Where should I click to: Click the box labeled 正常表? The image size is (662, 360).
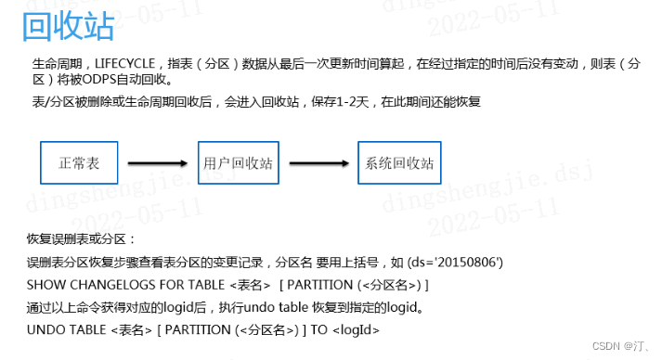point(79,162)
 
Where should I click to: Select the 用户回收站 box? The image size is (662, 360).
point(238,162)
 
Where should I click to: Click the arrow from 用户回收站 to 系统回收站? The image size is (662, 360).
point(318,163)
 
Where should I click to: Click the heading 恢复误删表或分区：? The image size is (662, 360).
point(83,239)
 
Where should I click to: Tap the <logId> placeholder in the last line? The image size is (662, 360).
point(356,328)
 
